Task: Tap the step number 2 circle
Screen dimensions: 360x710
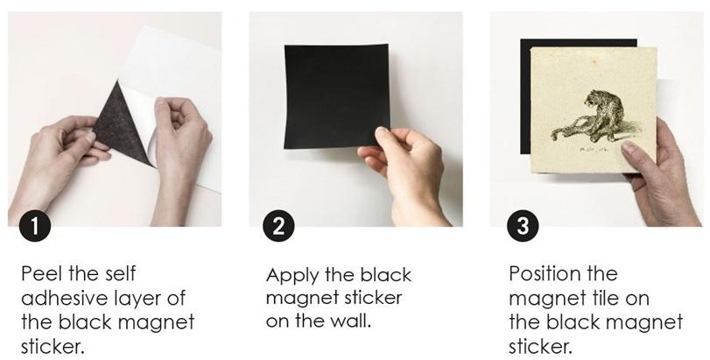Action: pos(277,225)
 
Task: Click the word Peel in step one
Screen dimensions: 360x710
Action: pos(40,273)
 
